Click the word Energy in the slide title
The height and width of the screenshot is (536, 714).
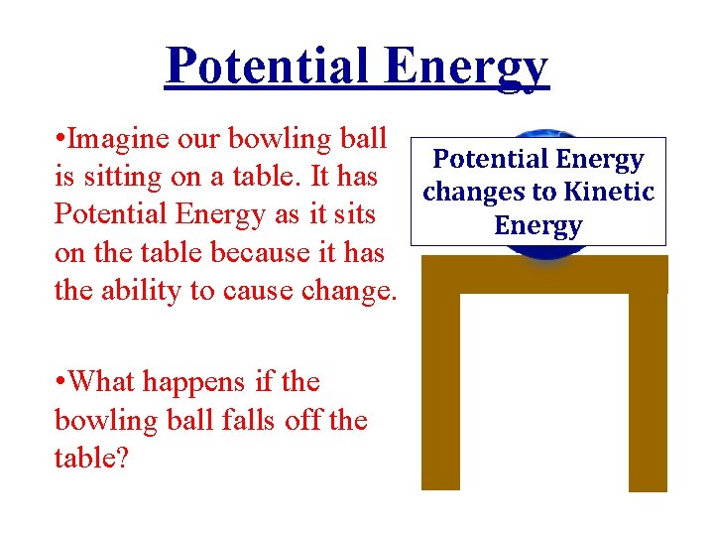pyautogui.click(x=466, y=66)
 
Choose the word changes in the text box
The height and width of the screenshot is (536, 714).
pyautogui.click(x=471, y=192)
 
